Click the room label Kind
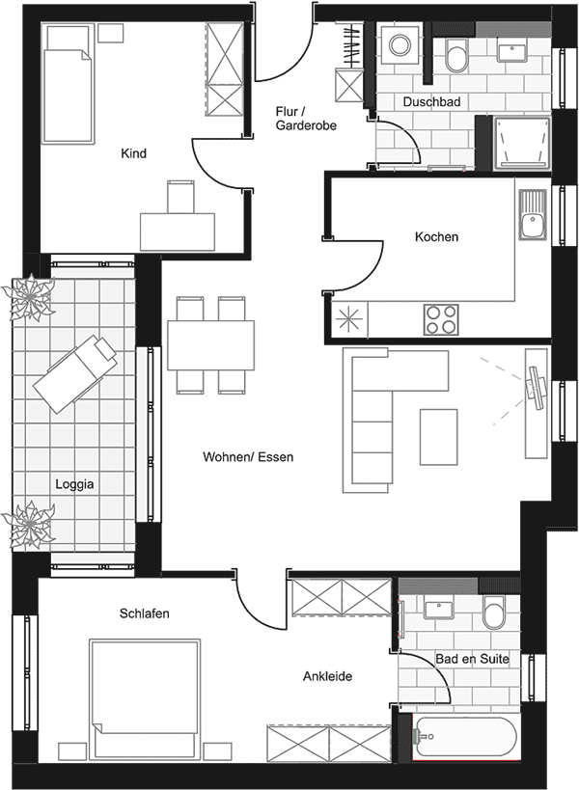pos(133,153)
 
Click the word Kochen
pos(436,236)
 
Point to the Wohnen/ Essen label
pos(248,456)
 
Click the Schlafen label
pos(146,613)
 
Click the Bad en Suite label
pos(472,659)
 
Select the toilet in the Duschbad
pos(456,57)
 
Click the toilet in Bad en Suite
pos(495,611)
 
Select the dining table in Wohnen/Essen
pos(211,343)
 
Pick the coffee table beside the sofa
pos(438,435)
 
